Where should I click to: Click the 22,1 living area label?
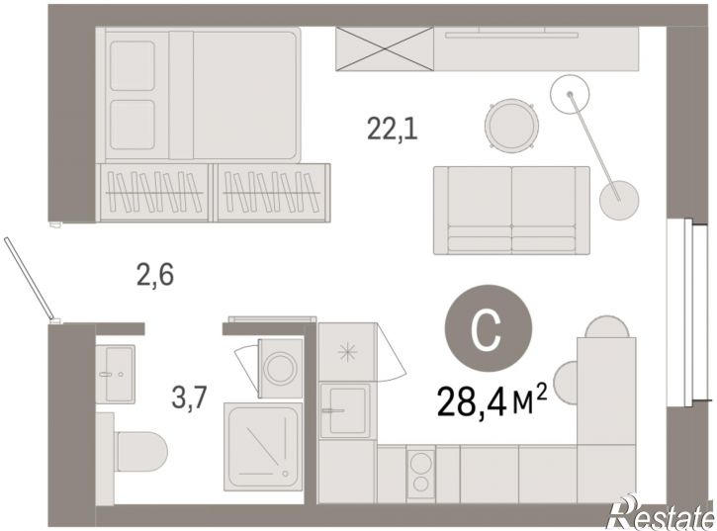393,129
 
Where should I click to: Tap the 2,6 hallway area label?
155,276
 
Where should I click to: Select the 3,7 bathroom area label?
189,397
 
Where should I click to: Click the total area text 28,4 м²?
493,401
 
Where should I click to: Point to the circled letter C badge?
489,328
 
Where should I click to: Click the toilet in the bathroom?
137,452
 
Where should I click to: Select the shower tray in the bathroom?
264,447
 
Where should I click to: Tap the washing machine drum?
280,368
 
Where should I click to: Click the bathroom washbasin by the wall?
116,374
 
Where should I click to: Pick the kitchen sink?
345,410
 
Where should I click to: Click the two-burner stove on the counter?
420,474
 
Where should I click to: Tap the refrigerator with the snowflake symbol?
347,352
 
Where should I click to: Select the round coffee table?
511,125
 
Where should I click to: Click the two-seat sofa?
511,211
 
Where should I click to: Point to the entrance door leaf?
29,279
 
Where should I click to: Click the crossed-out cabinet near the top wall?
385,48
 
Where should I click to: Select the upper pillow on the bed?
133,66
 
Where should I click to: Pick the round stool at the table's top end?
607,326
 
